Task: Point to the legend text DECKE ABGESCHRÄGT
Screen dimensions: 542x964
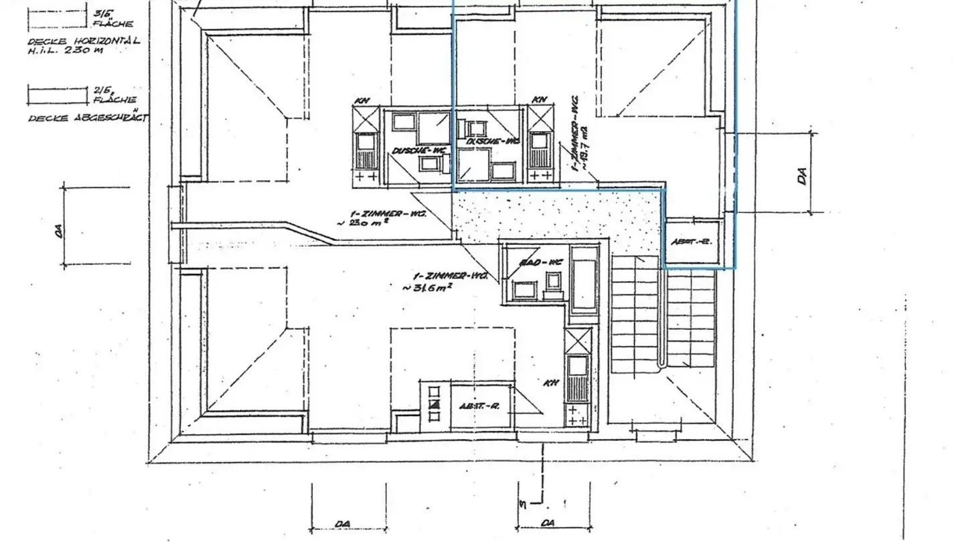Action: (88, 118)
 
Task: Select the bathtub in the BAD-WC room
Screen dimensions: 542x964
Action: (583, 280)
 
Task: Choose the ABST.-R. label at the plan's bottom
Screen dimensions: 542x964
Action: (481, 406)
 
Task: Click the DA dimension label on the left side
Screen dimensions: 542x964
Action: (59, 230)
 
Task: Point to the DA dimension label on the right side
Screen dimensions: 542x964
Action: (802, 175)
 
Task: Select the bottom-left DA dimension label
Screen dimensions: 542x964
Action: (343, 523)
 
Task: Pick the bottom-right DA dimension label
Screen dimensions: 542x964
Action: (548, 523)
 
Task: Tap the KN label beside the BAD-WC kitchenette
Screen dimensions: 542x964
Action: (551, 383)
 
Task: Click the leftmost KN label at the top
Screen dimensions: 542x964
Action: (363, 100)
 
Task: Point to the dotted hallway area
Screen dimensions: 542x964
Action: (556, 214)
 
